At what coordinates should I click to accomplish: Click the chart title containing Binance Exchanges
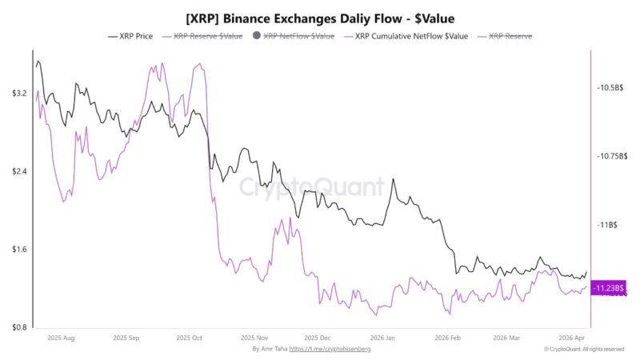[319, 17]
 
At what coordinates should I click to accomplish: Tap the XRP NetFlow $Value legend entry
[293, 37]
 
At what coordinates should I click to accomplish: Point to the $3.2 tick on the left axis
[19, 94]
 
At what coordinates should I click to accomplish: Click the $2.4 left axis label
[19, 172]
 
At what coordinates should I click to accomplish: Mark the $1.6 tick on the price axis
[19, 250]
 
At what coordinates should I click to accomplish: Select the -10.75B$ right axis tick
[611, 157]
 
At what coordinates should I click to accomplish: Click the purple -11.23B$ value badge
[609, 288]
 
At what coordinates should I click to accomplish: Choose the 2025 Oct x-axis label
[190, 338]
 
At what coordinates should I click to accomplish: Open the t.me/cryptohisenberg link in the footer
[330, 349]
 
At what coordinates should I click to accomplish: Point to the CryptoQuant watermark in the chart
[313, 189]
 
